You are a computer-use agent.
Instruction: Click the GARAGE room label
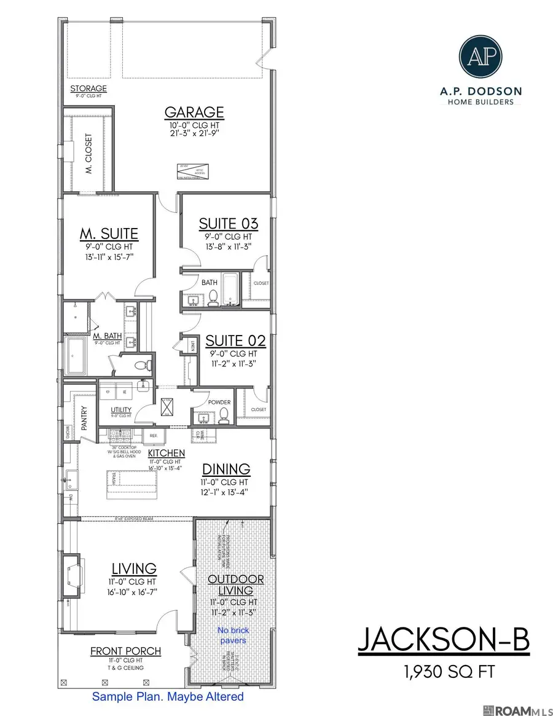(x=194, y=112)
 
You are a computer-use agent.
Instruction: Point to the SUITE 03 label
(x=228, y=224)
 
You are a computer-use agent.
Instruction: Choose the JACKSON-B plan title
(x=442, y=640)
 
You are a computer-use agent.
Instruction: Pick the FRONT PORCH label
(x=125, y=651)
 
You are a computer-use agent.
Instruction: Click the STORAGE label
(x=88, y=89)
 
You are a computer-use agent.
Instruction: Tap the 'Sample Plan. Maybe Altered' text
(x=168, y=697)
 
